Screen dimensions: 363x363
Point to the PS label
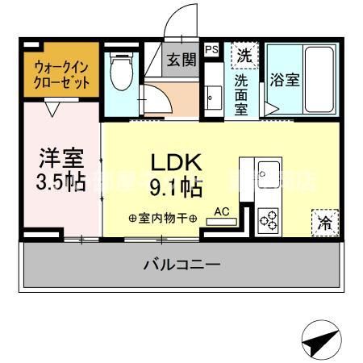coord(211,50)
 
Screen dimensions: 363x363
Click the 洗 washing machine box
coord(242,56)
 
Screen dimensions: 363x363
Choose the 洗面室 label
coord(241,94)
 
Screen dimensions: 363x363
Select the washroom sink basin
coord(212,98)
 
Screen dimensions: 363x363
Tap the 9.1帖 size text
coord(174,190)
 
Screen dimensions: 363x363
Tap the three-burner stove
coord(268,219)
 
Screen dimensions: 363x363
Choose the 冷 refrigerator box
coord(324,220)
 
